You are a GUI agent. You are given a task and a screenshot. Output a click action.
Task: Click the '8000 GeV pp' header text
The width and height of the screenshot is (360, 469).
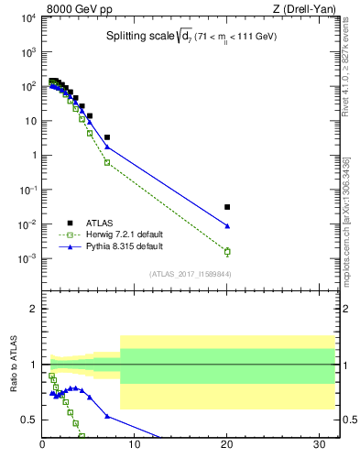tap(75, 9)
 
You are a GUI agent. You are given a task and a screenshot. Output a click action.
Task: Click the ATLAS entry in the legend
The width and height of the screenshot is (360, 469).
tap(98, 222)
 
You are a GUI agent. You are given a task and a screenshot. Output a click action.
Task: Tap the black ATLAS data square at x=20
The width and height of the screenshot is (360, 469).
tap(227, 207)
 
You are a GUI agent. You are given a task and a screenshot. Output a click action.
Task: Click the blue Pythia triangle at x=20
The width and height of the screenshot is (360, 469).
tap(227, 225)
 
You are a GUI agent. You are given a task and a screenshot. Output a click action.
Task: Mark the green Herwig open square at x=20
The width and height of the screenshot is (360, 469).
tap(227, 251)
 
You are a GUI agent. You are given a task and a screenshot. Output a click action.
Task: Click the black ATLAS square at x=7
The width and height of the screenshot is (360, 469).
tap(107, 137)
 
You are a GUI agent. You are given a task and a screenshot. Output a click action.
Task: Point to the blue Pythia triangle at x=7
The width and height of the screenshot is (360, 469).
tap(107, 147)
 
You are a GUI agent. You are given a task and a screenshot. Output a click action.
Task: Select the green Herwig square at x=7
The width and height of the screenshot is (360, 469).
tap(107, 162)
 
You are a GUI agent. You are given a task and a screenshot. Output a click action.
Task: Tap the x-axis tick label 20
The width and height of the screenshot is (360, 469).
tap(227, 446)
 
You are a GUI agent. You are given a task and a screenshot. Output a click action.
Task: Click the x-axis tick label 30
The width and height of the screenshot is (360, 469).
tap(320, 446)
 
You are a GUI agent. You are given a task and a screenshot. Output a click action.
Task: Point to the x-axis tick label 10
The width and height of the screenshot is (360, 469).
tap(135, 446)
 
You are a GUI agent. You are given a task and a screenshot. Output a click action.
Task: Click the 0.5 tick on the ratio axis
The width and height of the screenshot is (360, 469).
tap(29, 420)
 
